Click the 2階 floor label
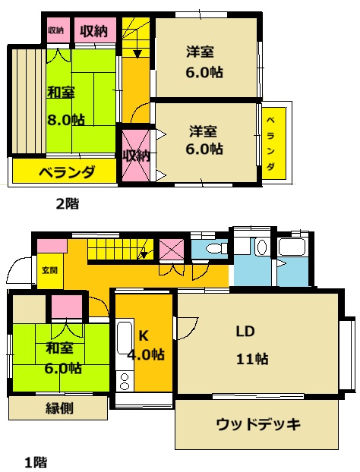(67, 203)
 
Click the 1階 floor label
(36, 461)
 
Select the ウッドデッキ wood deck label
(257, 423)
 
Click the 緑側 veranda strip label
(58, 408)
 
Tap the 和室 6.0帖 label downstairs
(62, 358)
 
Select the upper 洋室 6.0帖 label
(205, 61)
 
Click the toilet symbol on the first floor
(215, 248)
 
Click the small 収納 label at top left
(55, 30)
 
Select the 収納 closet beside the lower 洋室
(137, 155)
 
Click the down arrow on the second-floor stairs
(136, 52)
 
